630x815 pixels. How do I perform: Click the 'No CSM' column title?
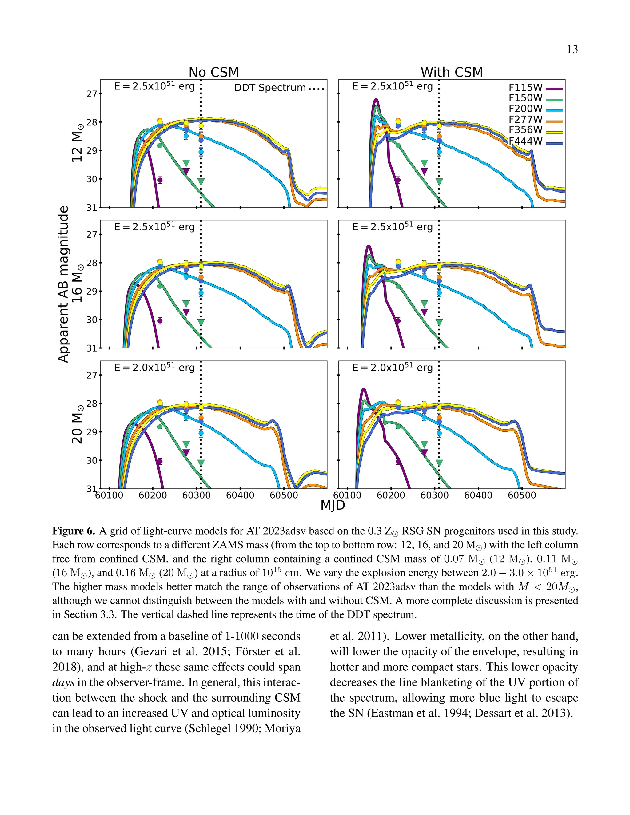[x=213, y=72]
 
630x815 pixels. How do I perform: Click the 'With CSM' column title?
[x=452, y=72]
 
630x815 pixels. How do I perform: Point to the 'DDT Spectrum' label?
[x=270, y=88]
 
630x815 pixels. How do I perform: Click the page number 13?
[x=572, y=49]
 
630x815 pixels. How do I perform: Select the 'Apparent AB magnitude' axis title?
[x=63, y=284]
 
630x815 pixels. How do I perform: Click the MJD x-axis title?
[x=333, y=505]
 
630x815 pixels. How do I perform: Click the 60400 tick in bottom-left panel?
[x=240, y=495]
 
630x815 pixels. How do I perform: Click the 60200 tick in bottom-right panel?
[x=391, y=495]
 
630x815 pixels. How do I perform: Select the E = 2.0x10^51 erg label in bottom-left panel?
[x=154, y=368]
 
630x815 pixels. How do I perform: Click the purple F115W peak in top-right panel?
[x=376, y=99]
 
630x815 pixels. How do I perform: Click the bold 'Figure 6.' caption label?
[x=74, y=531]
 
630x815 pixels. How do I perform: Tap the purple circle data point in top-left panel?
[x=160, y=180]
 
